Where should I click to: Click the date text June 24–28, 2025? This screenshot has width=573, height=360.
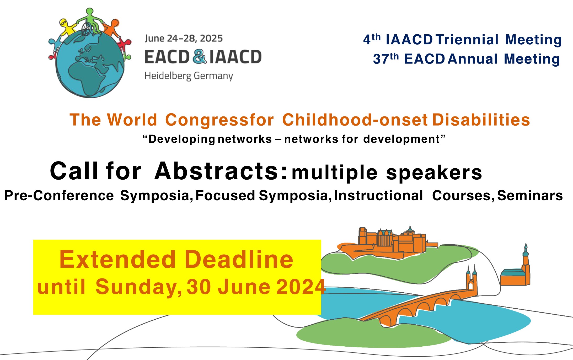pos(184,39)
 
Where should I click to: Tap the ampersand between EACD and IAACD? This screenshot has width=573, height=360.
pos(200,57)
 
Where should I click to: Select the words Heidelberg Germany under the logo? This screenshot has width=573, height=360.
pos(189,76)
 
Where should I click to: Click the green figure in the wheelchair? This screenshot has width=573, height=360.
pos(90,22)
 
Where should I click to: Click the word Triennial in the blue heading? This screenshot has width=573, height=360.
pos(467,40)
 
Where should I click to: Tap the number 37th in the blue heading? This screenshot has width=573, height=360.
pos(386,59)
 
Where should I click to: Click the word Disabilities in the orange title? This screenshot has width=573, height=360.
pos(481,120)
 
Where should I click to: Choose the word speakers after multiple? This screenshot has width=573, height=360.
pos(434,173)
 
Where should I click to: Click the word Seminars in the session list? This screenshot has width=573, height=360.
pos(530,196)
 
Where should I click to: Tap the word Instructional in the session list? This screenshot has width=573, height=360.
pos(378,196)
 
